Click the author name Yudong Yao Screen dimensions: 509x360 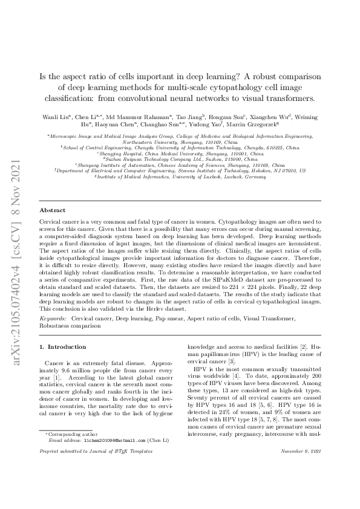[x=225, y=125]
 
